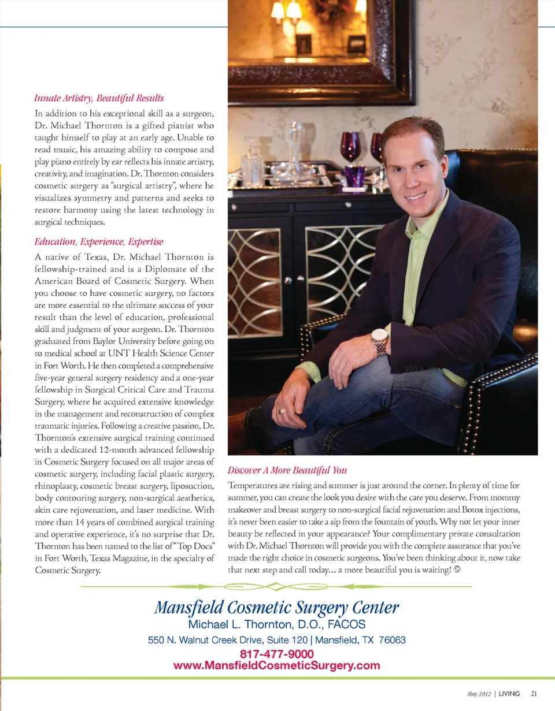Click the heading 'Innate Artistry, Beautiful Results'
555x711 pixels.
(99, 98)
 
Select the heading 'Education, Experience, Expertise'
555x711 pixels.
(99, 241)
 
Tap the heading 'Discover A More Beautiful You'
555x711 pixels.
(287, 470)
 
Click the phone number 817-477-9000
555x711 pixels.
(276, 654)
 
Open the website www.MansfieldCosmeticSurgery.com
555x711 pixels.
(276, 665)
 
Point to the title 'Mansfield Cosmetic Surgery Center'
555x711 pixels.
(276, 608)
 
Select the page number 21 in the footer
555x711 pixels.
(534, 694)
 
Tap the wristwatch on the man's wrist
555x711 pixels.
(380, 341)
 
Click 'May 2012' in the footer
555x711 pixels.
(479, 694)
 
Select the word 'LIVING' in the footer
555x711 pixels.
(509, 694)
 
